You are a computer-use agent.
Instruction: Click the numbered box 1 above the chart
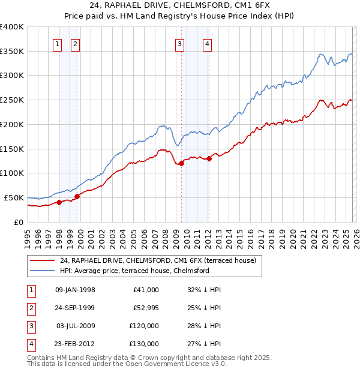point(57,43)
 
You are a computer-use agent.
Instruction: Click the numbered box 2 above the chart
point(76,43)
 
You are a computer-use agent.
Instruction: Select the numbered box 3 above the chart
point(179,43)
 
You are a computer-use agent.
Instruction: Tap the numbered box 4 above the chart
point(207,43)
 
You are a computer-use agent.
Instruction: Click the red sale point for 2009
point(181,163)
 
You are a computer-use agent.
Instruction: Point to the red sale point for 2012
point(209,158)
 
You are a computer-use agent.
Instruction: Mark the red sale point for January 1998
point(59,202)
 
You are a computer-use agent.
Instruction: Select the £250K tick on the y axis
point(12,100)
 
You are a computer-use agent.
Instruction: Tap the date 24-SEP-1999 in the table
point(75,308)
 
